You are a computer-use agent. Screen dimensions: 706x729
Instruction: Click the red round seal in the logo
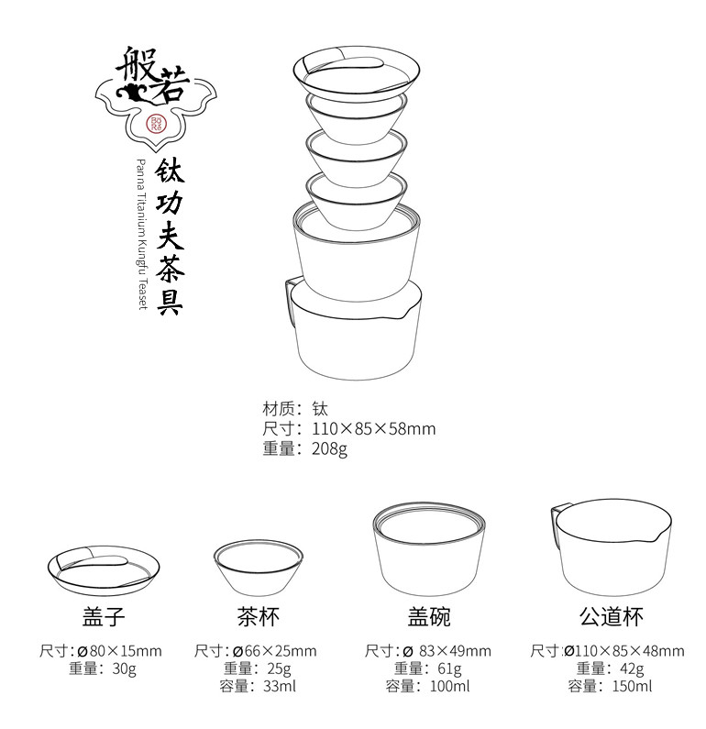click(x=156, y=124)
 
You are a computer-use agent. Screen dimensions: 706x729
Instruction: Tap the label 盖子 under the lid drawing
click(x=104, y=616)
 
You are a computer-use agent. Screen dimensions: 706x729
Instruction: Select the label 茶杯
click(x=259, y=616)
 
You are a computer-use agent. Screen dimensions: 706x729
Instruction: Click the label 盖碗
click(x=429, y=616)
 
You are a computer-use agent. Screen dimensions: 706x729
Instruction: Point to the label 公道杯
click(x=612, y=616)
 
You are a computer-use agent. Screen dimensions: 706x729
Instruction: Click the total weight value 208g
click(x=329, y=448)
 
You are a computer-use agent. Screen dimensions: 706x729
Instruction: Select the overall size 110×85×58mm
click(x=374, y=428)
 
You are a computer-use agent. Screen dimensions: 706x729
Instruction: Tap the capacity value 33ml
click(x=280, y=686)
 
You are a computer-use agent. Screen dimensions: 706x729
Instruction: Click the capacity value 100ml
click(x=450, y=686)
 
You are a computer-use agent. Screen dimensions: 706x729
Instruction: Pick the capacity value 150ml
click(x=632, y=686)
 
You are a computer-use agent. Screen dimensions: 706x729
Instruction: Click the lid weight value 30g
click(x=125, y=668)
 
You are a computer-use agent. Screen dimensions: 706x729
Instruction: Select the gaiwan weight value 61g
click(x=449, y=668)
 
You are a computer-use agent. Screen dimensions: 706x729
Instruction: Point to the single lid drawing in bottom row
click(x=104, y=570)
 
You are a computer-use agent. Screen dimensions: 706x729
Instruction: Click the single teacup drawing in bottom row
click(x=258, y=568)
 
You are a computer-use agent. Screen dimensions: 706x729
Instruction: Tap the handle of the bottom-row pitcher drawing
click(x=560, y=521)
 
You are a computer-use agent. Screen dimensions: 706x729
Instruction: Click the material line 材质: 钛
click(x=295, y=409)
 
